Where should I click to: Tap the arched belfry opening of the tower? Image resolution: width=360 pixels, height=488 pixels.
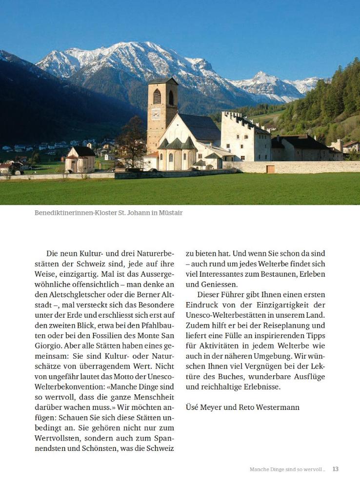coord(157,96)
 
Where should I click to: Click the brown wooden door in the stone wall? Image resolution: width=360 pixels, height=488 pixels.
coord(270,168)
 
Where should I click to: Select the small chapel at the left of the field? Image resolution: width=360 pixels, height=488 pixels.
coord(80,160)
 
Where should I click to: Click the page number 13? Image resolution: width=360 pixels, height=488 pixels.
coord(336,469)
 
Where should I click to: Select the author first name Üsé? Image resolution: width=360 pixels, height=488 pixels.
coord(193,407)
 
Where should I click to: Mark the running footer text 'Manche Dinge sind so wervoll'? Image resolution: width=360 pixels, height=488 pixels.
coord(286,469)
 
